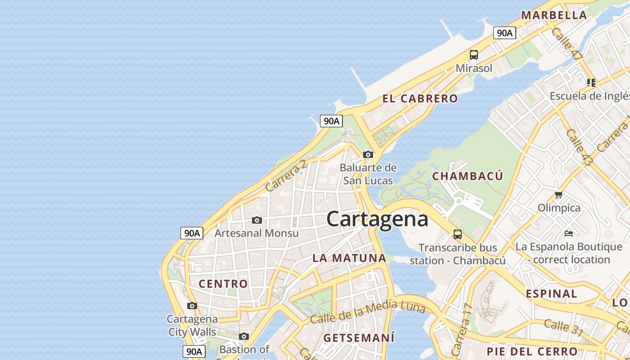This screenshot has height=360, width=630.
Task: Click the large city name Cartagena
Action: click(377, 220)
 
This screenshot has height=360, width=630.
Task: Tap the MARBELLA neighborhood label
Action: click(554, 15)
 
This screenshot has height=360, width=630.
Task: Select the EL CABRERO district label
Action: click(420, 99)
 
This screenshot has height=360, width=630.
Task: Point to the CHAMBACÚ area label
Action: click(468, 176)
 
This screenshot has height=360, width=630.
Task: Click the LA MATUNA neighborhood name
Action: click(349, 258)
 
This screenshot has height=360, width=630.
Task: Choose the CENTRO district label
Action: click(223, 283)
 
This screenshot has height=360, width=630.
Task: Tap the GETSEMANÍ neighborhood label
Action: click(359, 337)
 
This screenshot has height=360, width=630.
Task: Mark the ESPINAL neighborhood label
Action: click(551, 294)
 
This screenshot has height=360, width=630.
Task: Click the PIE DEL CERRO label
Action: click(532, 351)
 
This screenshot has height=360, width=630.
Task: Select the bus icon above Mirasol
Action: click(474, 55)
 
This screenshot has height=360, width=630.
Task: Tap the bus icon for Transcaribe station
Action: click(458, 234)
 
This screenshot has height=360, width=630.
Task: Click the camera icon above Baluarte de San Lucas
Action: click(368, 154)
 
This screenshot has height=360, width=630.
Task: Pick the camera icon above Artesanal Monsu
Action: click(257, 220)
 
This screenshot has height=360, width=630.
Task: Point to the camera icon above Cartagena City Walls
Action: click(192, 306)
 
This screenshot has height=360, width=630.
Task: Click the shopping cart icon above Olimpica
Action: click(559, 195)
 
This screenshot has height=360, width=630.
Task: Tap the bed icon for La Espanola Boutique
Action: click(569, 233)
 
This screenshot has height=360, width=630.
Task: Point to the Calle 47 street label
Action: click(567, 44)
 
